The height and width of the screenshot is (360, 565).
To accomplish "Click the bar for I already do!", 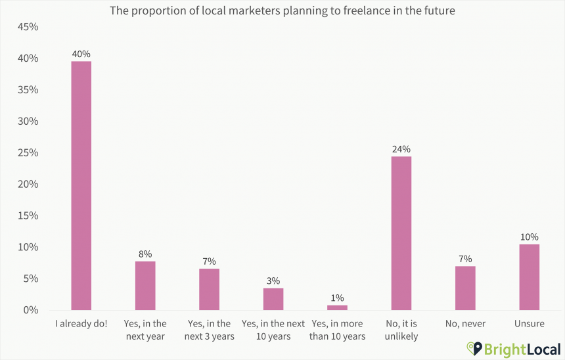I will click(x=81, y=185).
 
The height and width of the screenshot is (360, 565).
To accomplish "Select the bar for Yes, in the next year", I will click(x=145, y=285).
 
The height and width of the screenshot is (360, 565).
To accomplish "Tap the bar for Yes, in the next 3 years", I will click(x=210, y=289).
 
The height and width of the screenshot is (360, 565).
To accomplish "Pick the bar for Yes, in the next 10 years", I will click(x=273, y=299).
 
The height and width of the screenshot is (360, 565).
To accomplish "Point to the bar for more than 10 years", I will click(x=337, y=307).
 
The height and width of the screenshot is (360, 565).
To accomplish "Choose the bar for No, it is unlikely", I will click(x=401, y=233).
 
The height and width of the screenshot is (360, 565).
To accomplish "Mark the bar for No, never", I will click(x=465, y=288).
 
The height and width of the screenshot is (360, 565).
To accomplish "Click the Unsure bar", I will click(x=529, y=277).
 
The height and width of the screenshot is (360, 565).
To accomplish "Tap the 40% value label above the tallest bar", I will click(x=81, y=53).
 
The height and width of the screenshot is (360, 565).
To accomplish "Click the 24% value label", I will click(x=401, y=149).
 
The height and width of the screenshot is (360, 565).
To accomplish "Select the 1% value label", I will click(x=337, y=298).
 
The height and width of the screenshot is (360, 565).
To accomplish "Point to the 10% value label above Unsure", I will click(x=529, y=236).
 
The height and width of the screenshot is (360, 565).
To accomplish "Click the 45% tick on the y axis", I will click(x=28, y=27).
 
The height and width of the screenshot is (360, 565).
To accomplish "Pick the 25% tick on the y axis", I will click(x=28, y=153).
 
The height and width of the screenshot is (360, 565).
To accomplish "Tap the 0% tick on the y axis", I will click(x=30, y=310).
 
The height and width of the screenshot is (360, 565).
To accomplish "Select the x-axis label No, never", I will click(x=465, y=324).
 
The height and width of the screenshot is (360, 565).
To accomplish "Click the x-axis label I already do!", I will click(x=81, y=324).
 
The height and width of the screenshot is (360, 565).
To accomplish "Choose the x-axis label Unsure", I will click(x=529, y=324).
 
